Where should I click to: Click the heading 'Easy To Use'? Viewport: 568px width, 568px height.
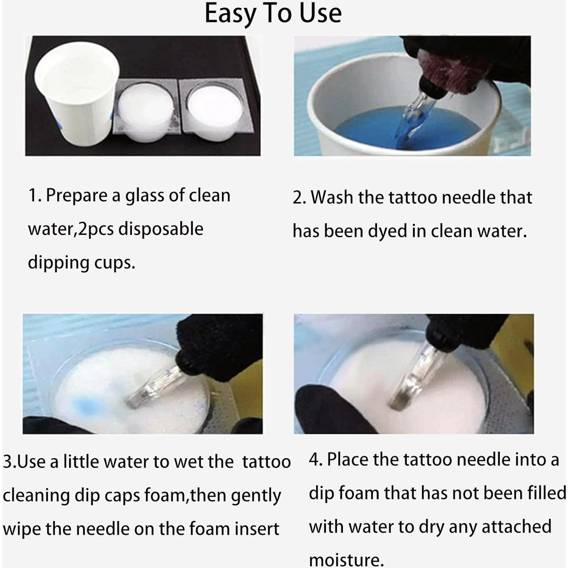click(273, 14)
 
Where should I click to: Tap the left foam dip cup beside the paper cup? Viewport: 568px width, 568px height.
click(145, 111)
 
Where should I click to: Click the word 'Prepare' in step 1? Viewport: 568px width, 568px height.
click(76, 196)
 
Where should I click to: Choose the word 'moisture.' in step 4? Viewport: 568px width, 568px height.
click(346, 560)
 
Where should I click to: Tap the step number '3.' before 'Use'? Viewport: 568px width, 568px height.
click(9, 462)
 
